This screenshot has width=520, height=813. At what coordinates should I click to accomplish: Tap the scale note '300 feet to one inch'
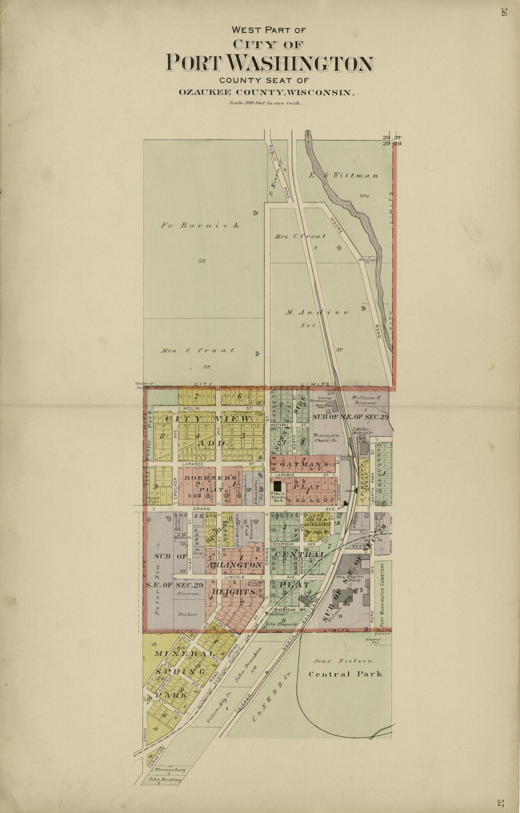(266, 103)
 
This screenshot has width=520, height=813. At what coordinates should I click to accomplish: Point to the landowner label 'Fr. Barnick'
(200, 226)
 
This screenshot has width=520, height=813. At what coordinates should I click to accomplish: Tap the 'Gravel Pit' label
(373, 641)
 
